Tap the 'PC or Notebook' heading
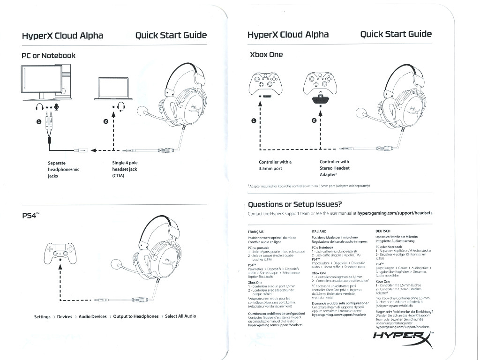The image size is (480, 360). (x=48, y=55)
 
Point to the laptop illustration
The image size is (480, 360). (x=113, y=89)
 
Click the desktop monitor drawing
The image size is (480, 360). (x=42, y=82)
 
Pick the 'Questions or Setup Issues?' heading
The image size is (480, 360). (x=295, y=204)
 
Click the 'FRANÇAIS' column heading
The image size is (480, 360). (x=255, y=232)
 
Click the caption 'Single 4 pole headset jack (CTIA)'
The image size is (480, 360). (x=125, y=169)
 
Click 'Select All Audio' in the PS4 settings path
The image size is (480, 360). (x=180, y=316)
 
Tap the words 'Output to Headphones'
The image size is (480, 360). (x=135, y=316)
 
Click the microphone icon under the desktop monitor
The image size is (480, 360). (x=56, y=107)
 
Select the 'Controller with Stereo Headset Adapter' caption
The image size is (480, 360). (x=335, y=168)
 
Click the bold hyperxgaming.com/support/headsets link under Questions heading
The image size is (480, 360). (x=395, y=213)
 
